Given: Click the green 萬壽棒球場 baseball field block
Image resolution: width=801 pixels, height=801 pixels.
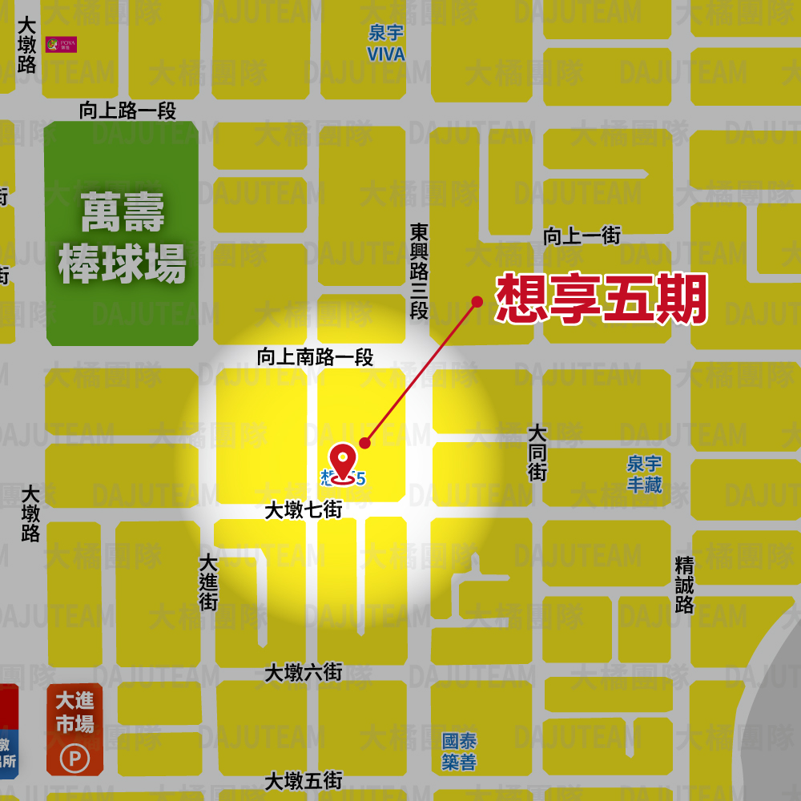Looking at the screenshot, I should click(122, 234).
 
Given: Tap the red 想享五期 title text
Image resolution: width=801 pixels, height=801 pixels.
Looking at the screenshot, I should click(602, 299).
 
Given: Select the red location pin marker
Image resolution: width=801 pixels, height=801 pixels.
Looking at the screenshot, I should click(344, 464).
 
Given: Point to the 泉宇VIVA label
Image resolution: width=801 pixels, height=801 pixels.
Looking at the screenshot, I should click(386, 44).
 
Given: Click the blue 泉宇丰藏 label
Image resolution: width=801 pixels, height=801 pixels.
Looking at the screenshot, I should click(645, 474).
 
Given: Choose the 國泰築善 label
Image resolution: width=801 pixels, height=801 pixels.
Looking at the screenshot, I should click(459, 751).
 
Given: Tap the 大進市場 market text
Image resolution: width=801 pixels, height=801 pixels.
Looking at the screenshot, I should click(74, 712).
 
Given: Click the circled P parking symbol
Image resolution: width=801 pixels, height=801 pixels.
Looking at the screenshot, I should click(75, 757).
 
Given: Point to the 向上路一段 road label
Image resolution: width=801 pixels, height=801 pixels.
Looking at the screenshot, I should click(127, 111).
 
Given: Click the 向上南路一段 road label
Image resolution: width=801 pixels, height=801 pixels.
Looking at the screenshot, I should click(315, 357).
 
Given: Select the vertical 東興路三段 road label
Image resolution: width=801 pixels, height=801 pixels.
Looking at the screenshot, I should click(419, 271).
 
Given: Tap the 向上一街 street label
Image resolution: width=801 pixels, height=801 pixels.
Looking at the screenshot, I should click(582, 235).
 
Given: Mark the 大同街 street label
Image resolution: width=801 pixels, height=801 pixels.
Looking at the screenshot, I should click(537, 453).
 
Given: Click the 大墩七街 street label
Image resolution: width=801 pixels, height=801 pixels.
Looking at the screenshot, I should click(304, 509).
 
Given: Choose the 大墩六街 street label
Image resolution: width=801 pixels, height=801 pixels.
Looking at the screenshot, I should click(304, 672).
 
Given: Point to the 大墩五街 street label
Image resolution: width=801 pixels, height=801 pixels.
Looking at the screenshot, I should click(304, 780).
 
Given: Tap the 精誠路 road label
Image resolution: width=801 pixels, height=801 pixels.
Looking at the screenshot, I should click(684, 585).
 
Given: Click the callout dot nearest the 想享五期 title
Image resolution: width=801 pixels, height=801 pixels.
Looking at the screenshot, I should click(477, 301).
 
